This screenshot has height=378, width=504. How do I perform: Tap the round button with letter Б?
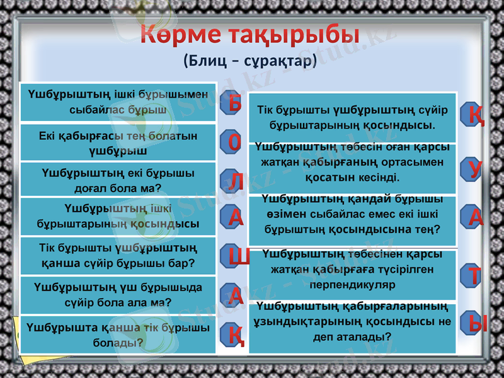click(235, 103)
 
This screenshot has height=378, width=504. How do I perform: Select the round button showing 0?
click(235, 142)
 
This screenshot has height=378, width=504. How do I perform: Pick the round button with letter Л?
click(235, 181)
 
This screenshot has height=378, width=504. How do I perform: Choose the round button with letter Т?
click(476, 276)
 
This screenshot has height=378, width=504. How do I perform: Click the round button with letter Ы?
click(479, 322)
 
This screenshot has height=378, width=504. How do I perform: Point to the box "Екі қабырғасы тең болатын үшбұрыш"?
click(118, 143)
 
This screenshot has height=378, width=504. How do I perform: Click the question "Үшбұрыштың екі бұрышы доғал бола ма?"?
click(118, 180)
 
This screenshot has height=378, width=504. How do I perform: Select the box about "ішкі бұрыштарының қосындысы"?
click(118, 215)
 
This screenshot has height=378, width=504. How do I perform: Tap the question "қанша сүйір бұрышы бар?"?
click(118, 254)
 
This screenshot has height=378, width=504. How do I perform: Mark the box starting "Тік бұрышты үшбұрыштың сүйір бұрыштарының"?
click(352, 117)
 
